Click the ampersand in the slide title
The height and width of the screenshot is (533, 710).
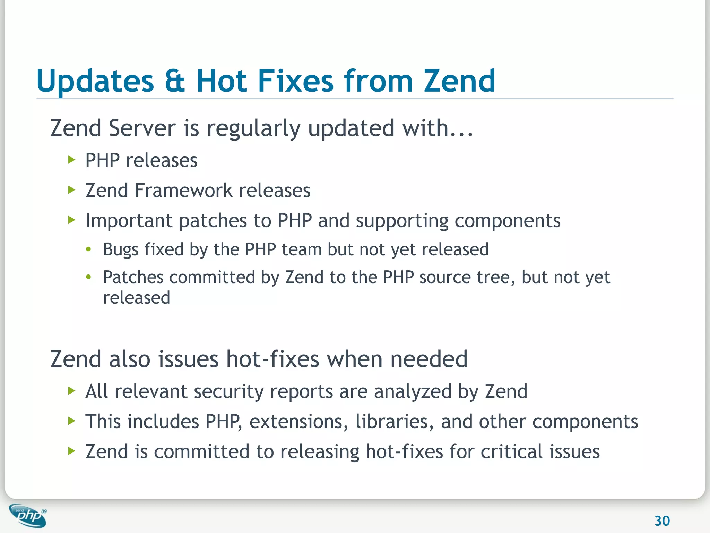tap(175, 81)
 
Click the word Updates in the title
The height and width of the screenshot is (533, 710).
tap(95, 82)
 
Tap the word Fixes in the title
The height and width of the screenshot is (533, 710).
tap(295, 81)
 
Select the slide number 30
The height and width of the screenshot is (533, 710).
tap(662, 521)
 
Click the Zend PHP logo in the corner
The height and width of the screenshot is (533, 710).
tap(28, 516)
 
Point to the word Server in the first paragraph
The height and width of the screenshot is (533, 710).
tap(142, 128)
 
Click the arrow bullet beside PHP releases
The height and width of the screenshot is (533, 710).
tap(72, 160)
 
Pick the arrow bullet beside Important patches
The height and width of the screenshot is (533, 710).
tap(72, 220)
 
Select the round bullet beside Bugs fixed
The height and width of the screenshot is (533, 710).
tap(89, 249)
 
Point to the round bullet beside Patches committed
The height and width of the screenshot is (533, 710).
tap(89, 277)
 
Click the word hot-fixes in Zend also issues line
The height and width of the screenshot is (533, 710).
tap(272, 359)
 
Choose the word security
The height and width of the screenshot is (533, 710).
tap(228, 392)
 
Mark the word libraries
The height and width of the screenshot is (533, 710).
tap(394, 422)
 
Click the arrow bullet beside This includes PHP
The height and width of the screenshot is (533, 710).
tap(72, 421)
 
